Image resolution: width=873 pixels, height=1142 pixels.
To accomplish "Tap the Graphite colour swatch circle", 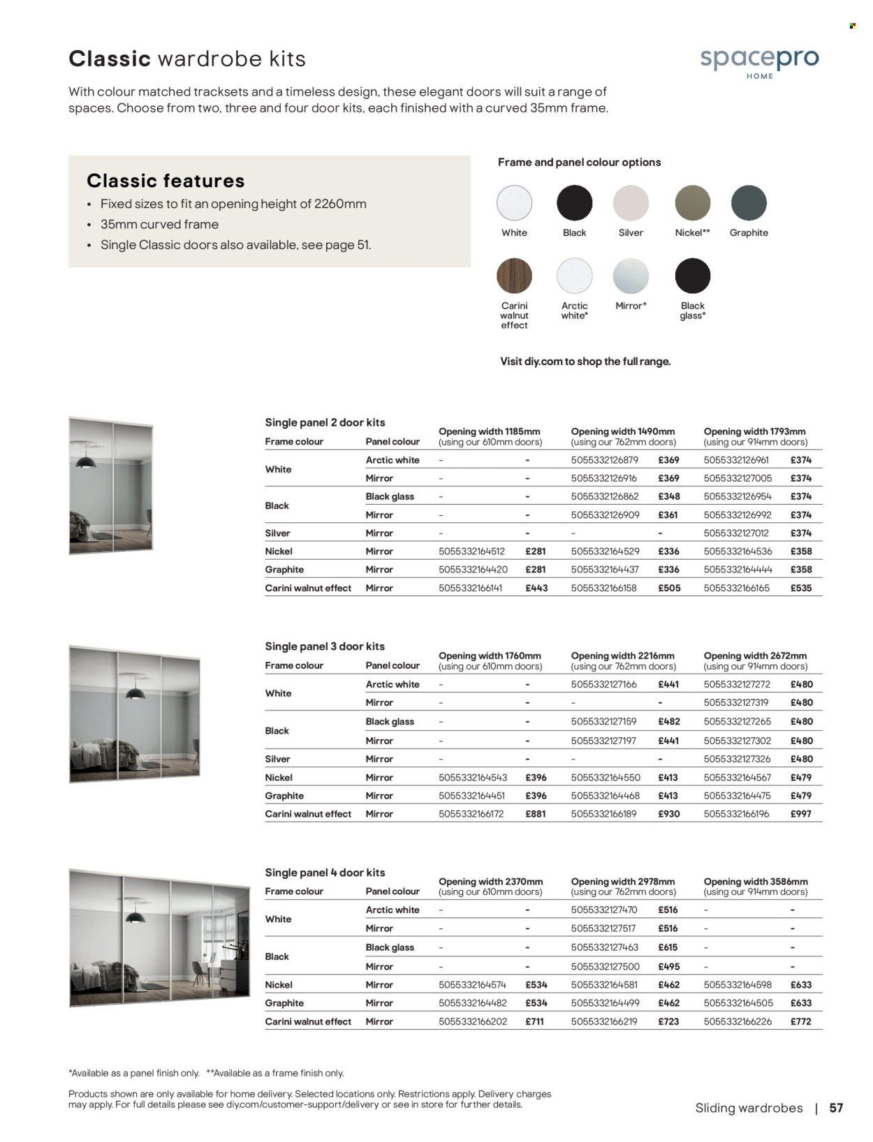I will tap(749, 203).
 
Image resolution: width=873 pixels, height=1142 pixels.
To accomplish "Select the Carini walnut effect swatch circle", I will tap(514, 276).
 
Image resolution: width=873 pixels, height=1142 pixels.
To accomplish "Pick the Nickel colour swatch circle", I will tap(692, 203).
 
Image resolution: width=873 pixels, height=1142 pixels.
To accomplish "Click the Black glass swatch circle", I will tap(692, 276).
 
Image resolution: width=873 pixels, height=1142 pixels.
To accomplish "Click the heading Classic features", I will tap(166, 181).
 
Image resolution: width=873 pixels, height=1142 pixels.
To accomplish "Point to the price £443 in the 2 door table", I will tap(536, 588).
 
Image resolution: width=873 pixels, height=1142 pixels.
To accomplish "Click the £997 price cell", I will tap(800, 814).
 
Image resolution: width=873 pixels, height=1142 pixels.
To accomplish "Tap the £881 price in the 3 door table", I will tap(536, 814).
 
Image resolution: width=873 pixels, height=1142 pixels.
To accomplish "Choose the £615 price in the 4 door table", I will tap(668, 947).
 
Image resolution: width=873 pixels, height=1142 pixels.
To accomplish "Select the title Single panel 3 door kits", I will tap(325, 646).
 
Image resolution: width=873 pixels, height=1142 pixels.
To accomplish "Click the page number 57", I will tap(836, 1108).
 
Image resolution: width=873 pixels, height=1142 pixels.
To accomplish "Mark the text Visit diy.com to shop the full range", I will tap(585, 362).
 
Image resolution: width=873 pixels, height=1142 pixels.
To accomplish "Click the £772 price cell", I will tap(800, 1021).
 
